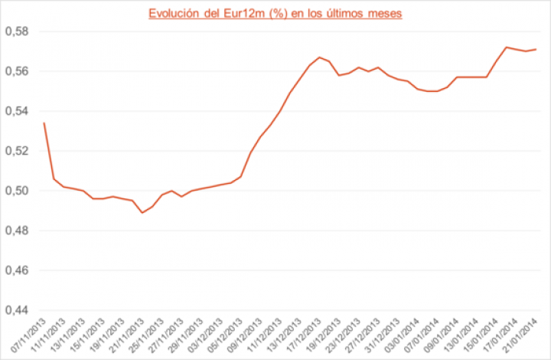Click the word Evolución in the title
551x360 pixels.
[x=172, y=13]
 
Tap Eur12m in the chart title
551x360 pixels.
[x=243, y=13]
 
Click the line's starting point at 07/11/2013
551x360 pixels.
[x=44, y=123]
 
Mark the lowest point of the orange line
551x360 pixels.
[x=142, y=212]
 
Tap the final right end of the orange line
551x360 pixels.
[x=536, y=49]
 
